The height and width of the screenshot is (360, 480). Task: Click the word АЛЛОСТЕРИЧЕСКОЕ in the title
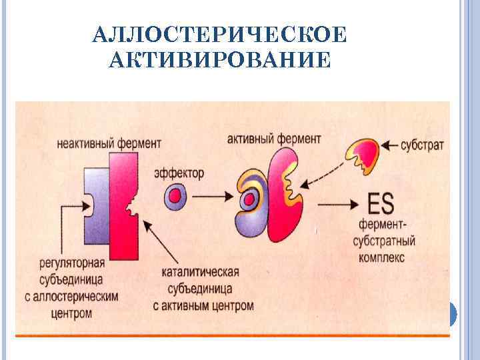pos(220,35)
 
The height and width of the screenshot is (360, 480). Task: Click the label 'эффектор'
pos(179,173)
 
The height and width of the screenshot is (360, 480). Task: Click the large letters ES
pos(383,201)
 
